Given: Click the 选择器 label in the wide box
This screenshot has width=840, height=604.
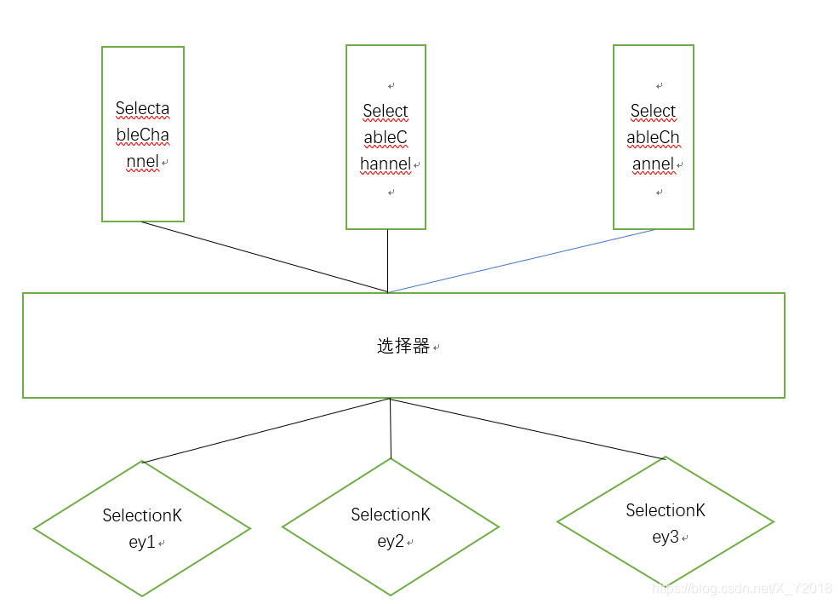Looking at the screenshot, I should click(403, 347).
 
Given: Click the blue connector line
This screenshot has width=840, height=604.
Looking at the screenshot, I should click(521, 261).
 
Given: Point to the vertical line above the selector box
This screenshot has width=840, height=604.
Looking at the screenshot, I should click(388, 260).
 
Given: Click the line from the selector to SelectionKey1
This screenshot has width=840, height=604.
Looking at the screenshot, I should click(266, 430).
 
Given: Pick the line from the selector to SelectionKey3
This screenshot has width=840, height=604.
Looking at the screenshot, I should click(528, 429).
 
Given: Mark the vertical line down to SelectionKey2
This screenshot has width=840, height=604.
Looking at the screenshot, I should click(391, 428).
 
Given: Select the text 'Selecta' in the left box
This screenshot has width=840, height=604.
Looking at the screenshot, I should click(142, 109).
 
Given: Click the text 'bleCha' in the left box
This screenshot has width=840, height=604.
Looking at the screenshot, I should click(142, 135).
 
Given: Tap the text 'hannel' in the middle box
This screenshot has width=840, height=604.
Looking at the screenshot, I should click(386, 164).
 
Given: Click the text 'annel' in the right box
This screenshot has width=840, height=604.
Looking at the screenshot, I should click(653, 164).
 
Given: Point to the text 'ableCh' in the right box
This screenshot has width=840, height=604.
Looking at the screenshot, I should click(653, 138).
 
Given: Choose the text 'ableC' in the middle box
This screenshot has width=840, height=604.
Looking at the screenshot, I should click(386, 138).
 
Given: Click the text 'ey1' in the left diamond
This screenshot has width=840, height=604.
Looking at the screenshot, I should click(141, 542).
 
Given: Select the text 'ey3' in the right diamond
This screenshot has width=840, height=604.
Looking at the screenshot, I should click(665, 538).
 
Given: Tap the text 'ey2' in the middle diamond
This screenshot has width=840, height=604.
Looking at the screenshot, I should click(390, 542).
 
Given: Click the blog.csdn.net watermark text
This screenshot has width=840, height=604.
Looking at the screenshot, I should click(741, 588).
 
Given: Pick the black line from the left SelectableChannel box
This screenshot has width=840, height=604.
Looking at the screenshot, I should click(264, 256).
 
